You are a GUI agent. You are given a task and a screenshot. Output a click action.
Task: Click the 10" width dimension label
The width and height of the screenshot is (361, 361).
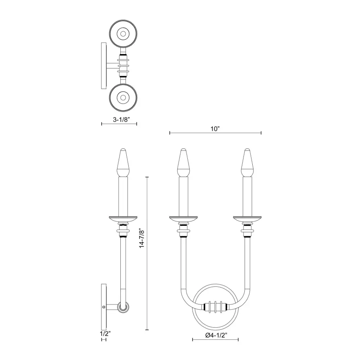pos(215,129)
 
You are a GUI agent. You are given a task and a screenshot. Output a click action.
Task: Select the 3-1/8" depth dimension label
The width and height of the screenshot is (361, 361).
pos(119,119)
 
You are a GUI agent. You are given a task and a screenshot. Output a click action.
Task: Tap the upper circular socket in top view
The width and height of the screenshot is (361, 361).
pos(124,33)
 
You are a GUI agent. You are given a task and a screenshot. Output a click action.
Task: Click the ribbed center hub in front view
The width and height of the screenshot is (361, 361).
pos(215,307)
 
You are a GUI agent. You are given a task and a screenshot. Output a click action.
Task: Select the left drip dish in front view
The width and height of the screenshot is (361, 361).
pos(183,219)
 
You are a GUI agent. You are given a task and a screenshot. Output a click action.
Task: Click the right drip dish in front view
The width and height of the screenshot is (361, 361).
pos(247,219)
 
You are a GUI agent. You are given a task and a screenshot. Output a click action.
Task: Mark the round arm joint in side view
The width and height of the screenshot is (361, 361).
pos(122,307)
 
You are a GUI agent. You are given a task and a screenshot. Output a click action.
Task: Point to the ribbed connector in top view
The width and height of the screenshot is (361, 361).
pos(124,65)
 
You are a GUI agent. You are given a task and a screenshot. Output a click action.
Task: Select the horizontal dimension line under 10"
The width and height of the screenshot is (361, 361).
pos(215,133)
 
